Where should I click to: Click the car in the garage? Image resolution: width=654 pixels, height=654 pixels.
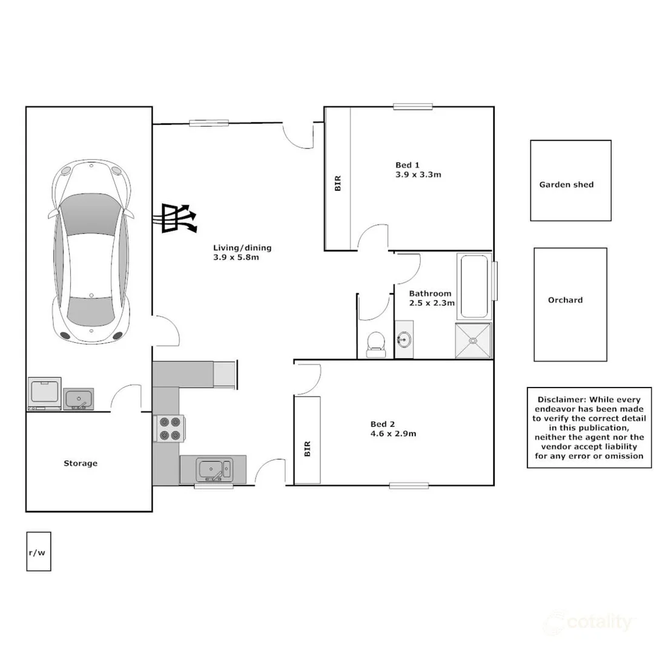pos(91,251)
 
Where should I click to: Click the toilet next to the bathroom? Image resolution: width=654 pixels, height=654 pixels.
pos(375,342)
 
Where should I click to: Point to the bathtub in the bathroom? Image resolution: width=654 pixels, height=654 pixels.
pos(474,286)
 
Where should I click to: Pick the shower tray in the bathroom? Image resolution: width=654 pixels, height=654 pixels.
pos(473,340)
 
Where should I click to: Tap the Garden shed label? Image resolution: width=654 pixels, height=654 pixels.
pos(566,185)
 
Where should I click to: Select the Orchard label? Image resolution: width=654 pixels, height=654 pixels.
pos(565,300)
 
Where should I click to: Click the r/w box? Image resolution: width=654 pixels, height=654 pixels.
pos(38,552)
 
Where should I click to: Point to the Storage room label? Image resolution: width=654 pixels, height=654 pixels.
pos(81,463)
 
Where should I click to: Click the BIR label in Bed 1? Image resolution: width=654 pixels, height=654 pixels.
pos(338,183)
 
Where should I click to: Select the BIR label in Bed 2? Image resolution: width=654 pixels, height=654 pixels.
pos(307,448)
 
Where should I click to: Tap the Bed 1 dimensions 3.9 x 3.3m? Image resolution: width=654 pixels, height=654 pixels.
pos(418,175)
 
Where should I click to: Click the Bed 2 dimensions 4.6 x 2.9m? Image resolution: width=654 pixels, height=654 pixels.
pos(393,434)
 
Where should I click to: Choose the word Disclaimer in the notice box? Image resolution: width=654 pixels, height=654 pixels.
pos(560,400)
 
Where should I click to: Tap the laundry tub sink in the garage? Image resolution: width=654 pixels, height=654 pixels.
pos(78,400)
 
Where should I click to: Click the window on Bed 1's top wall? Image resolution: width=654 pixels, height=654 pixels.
pos(412,107)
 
